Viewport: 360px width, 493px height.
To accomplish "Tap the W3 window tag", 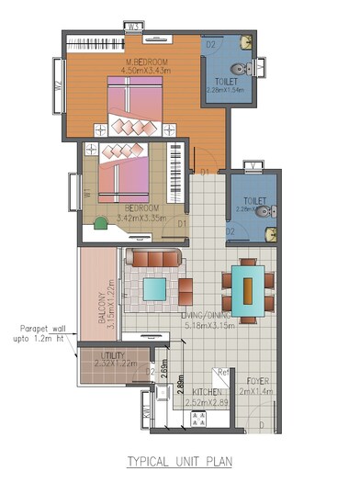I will point(133,28).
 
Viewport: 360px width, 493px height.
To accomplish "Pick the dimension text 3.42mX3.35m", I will point(143,219).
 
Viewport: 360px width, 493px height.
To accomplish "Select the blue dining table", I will point(246,286).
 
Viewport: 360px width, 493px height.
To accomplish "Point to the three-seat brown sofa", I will point(153,260).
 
